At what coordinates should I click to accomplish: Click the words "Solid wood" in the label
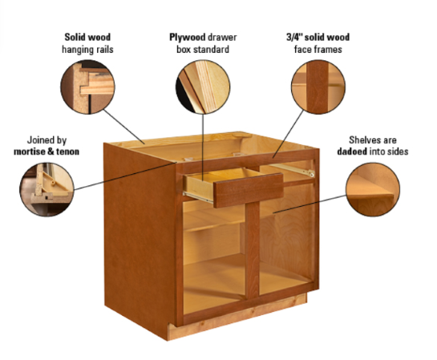click(x=87, y=38)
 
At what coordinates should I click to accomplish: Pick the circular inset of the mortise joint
click(x=46, y=189)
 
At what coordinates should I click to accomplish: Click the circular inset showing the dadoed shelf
click(x=373, y=188)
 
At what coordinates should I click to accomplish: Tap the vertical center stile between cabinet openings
click(x=252, y=257)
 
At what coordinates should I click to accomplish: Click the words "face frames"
click(x=318, y=49)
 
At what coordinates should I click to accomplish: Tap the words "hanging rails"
click(x=87, y=49)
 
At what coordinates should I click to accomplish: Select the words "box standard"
click(x=203, y=49)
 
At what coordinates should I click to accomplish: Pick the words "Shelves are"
click(x=373, y=140)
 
